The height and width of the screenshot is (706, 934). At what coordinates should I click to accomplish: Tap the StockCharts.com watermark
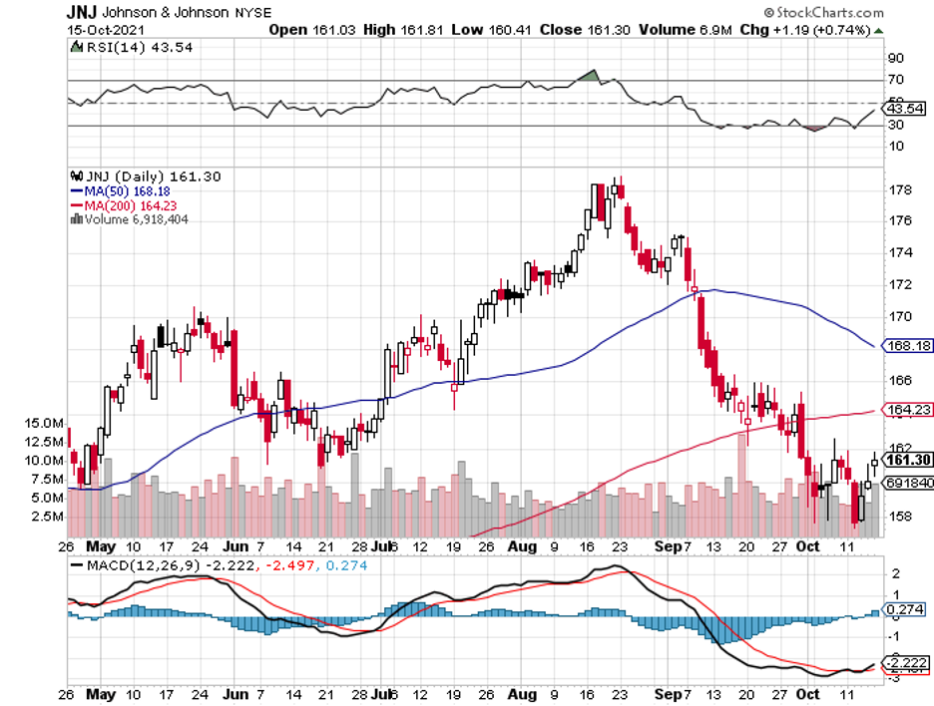[x=823, y=13]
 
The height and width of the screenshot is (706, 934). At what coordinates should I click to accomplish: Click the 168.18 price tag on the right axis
[x=908, y=346]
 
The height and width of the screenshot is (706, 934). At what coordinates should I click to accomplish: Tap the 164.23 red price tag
[x=908, y=409]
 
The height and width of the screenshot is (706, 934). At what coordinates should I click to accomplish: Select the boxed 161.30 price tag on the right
[x=908, y=460]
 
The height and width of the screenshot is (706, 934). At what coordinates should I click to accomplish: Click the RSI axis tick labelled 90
[x=895, y=59]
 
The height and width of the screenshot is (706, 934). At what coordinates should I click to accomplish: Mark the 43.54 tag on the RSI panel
[x=906, y=108]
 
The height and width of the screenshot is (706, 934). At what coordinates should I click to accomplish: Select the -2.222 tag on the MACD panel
[x=906, y=662]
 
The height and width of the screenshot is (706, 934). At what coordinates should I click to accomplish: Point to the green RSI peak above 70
[x=590, y=75]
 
